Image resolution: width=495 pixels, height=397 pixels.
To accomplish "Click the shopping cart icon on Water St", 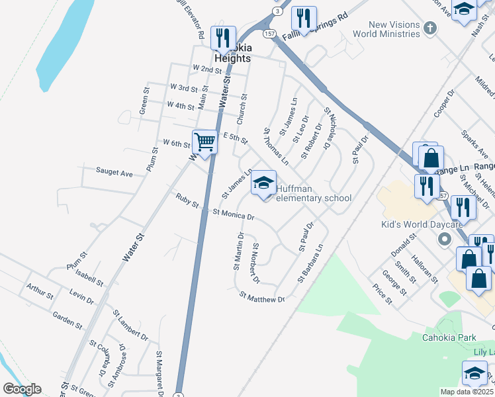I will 205,142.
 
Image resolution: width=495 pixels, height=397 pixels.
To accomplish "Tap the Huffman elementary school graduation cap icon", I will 263,183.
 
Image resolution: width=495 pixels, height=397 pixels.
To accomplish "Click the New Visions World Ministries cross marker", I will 431,28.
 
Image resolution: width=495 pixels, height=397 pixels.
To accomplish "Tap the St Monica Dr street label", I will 234,214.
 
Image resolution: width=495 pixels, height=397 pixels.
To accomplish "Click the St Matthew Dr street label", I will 262,298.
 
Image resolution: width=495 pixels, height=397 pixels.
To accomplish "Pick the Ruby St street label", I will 187,200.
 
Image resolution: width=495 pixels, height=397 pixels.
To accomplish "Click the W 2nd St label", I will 207,69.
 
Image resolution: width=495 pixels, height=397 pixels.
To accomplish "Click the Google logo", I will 21,389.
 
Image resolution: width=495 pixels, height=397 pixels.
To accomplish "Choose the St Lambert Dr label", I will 130,325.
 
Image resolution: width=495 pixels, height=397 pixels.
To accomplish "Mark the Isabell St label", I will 89,277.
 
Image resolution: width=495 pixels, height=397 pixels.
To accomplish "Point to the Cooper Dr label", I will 443,104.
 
